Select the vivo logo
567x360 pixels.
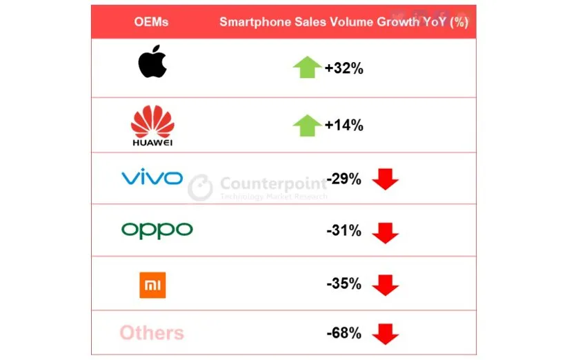tap(152, 178)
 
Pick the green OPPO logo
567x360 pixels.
tap(157, 230)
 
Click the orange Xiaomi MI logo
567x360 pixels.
tap(152, 285)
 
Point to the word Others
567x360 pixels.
tap(152, 334)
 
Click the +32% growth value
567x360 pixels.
tap(344, 68)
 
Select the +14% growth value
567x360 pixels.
tap(344, 126)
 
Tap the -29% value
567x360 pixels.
tap(344, 179)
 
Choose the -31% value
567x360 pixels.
tap(344, 231)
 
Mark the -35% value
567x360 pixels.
tap(344, 283)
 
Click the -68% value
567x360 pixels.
tap(344, 334)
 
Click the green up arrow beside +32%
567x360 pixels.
tap(307, 68)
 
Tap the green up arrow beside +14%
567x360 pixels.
tap(307, 126)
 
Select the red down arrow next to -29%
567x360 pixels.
tap(385, 180)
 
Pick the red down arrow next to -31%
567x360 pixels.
tap(385, 232)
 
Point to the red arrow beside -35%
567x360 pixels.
tap(385, 285)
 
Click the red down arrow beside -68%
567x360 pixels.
tap(385, 335)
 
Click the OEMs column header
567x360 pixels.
tap(151, 22)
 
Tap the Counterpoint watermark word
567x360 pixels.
tap(273, 183)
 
